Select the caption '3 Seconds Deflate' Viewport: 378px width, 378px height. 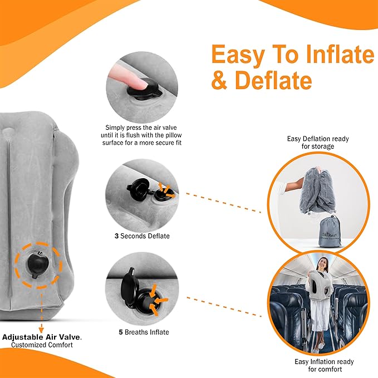142,236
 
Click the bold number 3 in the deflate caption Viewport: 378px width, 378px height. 117,236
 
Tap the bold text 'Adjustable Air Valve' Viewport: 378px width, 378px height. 42,337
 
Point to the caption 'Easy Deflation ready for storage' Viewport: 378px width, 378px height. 311,143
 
